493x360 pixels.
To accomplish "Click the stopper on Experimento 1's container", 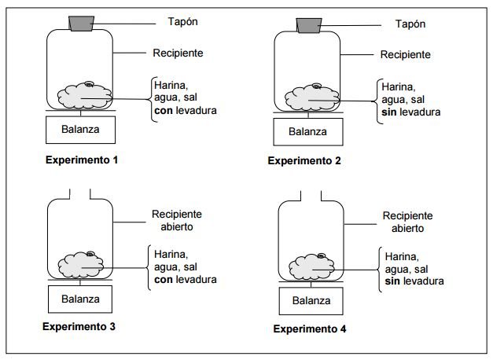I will tap(81, 24).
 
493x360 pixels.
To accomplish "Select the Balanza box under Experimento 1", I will tap(81, 129).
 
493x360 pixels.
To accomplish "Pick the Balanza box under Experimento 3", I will tap(81, 299).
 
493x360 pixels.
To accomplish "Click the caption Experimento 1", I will tap(81, 160).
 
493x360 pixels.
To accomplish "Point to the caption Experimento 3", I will tap(80, 325).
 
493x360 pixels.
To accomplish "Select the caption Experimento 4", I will tap(310, 329).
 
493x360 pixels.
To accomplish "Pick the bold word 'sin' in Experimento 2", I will tap(388, 112).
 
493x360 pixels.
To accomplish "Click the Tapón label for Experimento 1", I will tap(183, 20).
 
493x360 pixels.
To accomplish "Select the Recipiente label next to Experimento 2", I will tap(405, 55).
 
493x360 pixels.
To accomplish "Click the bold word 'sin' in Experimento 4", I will tap(393, 281).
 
